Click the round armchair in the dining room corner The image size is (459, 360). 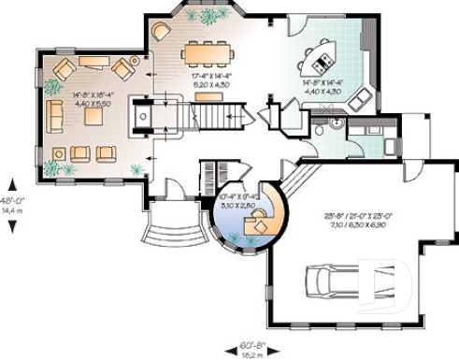160,31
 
